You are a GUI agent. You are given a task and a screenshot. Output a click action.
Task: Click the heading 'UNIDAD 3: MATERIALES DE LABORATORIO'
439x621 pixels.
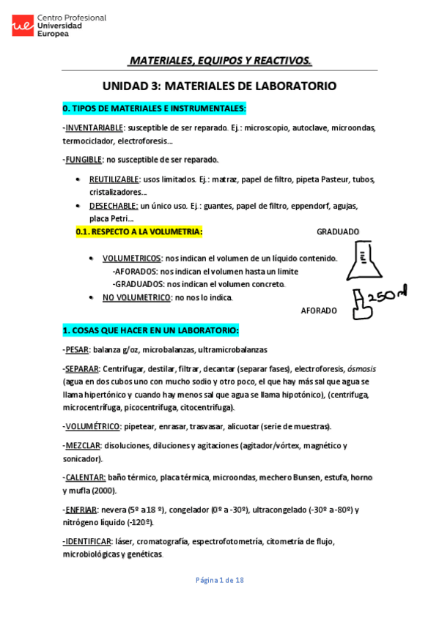219,86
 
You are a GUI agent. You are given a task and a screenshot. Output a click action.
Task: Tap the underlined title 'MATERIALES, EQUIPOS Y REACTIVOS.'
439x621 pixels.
220,60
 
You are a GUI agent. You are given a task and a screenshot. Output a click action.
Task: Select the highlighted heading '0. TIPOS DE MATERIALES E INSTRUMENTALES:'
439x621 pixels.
154,108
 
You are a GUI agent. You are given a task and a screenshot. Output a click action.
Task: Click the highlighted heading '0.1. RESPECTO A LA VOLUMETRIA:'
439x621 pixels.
139,232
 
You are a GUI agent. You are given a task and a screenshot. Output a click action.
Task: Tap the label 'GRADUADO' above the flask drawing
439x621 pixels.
338,231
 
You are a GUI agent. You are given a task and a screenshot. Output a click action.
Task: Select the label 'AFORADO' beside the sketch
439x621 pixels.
320,310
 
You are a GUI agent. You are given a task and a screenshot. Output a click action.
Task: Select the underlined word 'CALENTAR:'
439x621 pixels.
84,477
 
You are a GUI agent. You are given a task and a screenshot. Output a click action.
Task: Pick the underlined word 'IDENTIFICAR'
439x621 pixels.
88,542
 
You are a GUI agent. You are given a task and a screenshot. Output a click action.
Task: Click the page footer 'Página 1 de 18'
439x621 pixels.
219,580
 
